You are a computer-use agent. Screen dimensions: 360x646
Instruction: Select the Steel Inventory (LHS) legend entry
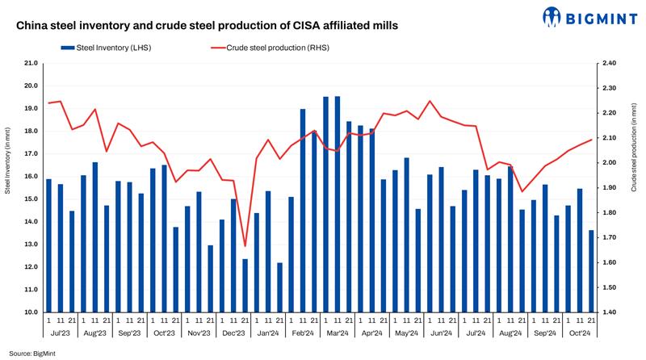111,48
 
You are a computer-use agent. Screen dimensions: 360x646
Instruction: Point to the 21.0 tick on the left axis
32,63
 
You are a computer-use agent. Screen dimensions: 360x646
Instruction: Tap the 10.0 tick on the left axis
32,312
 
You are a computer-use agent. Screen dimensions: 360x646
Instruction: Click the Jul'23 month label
61,332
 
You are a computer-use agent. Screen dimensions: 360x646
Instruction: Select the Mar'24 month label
337,332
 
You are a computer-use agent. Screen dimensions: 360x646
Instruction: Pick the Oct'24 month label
580,332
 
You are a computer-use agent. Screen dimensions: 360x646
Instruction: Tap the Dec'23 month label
233,332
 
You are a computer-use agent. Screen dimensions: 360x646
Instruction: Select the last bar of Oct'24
591,271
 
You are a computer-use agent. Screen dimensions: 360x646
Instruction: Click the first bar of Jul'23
48,245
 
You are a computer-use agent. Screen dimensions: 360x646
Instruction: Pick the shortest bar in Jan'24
279,287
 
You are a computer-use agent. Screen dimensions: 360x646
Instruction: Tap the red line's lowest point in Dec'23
245,246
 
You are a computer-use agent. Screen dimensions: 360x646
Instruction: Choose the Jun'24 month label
441,332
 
